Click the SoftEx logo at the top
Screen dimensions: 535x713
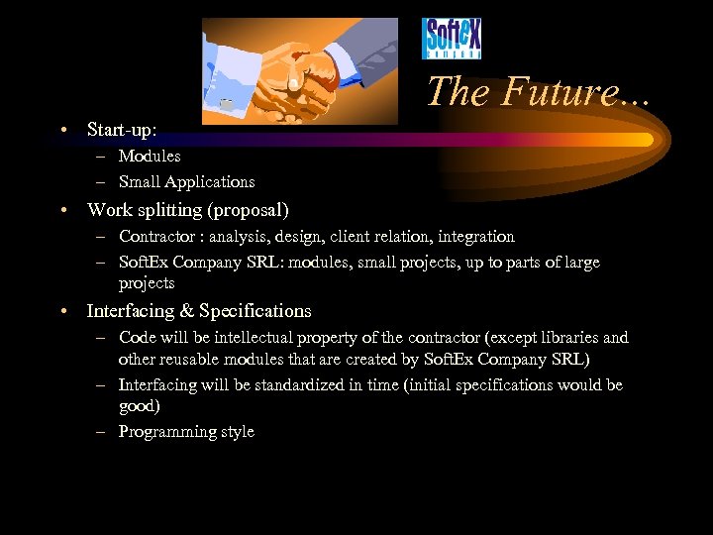click(x=453, y=41)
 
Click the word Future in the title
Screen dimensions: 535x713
click(x=560, y=92)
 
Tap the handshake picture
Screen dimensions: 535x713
click(x=299, y=70)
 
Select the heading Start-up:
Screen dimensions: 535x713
click(x=122, y=130)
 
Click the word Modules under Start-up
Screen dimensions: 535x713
click(x=150, y=156)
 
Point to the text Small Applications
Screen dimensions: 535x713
click(x=186, y=181)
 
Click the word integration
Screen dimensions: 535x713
click(x=476, y=237)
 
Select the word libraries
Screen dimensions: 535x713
click(x=566, y=338)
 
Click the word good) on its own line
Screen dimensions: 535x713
click(x=139, y=405)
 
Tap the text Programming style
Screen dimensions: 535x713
click(x=186, y=431)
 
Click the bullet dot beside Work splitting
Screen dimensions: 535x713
click(x=63, y=210)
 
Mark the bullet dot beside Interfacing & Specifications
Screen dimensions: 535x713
click(x=63, y=311)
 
